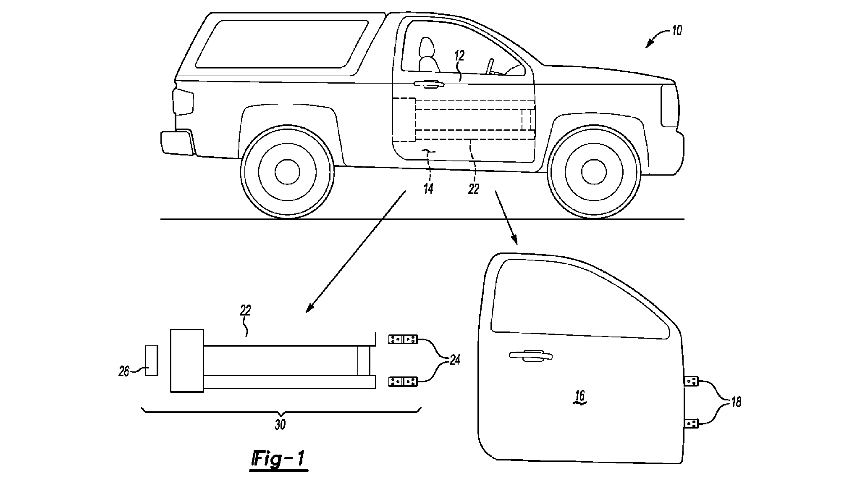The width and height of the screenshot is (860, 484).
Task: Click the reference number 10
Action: point(676,31)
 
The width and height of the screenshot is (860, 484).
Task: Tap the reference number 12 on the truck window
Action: point(459,56)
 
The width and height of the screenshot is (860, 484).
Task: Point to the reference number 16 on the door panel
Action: point(580,396)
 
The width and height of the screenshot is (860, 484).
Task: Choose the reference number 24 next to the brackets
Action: point(455,360)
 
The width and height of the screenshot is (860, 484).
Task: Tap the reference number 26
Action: point(123,372)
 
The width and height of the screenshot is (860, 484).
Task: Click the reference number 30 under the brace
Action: point(280,425)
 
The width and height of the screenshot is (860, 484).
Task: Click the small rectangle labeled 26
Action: point(151,360)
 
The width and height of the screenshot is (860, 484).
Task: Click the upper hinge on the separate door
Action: point(691,381)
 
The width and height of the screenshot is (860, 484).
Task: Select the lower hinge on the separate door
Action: point(691,423)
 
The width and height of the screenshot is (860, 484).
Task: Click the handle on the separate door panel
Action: point(530,355)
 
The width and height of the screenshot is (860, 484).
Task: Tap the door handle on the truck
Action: point(429,84)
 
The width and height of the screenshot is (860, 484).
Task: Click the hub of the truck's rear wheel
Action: point(287,171)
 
